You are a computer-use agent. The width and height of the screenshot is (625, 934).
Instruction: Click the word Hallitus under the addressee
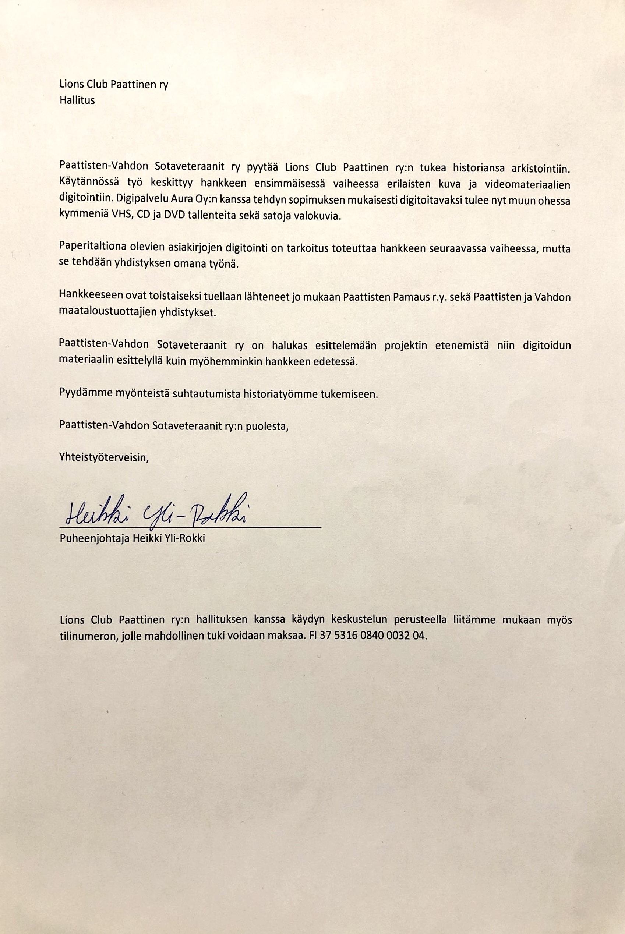(x=77, y=100)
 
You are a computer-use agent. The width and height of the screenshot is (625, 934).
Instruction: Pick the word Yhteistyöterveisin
(x=104, y=457)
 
